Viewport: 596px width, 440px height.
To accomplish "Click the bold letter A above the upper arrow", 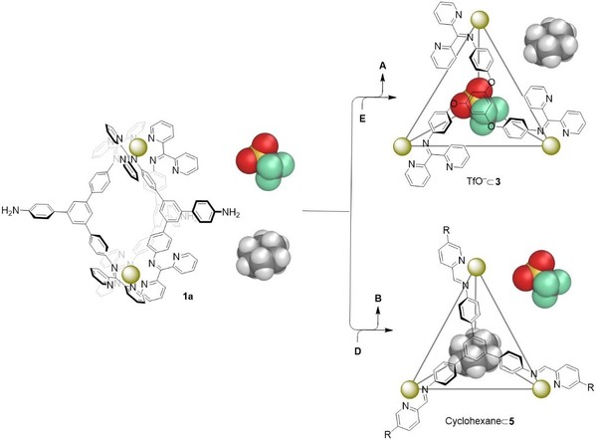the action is tap(383, 66).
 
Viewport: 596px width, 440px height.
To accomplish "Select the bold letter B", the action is tap(378, 299).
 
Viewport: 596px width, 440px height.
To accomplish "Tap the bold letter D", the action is tap(357, 351).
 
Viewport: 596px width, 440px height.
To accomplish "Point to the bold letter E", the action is tap(362, 119).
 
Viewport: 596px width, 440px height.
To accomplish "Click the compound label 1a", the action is tap(187, 297).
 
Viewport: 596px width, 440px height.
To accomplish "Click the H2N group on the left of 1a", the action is tap(10, 210).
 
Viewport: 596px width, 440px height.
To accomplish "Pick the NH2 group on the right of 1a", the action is tap(231, 212).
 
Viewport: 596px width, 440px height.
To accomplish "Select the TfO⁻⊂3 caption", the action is tap(484, 181).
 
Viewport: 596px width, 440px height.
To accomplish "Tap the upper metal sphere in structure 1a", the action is tap(138, 147).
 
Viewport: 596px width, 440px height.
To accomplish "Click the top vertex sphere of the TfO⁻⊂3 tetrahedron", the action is tap(479, 20).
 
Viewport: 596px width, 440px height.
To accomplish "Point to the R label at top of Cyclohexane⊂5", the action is tap(446, 230).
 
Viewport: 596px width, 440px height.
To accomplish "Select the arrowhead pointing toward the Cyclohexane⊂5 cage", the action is tap(388, 330).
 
